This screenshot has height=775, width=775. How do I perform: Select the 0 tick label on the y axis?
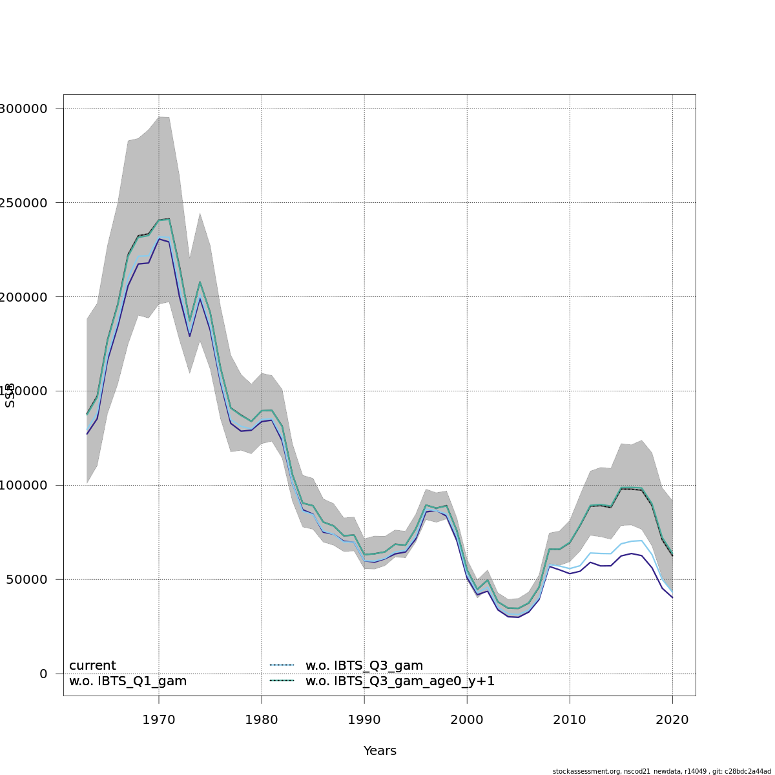click(43, 674)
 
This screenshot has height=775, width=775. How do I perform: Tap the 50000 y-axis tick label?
click(26, 579)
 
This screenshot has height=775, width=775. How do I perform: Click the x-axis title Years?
click(380, 751)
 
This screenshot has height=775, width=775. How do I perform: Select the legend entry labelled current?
click(92, 666)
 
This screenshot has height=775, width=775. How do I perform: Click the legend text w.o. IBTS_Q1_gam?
click(128, 681)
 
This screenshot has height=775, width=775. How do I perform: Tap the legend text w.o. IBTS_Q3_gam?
click(364, 666)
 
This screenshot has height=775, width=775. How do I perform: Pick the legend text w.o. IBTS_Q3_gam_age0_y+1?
click(400, 681)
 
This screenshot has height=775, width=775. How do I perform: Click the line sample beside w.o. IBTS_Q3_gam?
click(282, 665)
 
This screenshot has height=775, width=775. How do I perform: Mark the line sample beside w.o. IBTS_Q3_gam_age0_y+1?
click(282, 680)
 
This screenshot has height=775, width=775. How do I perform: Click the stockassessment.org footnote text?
click(661, 771)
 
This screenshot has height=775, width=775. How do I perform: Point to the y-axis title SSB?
click(10, 395)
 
